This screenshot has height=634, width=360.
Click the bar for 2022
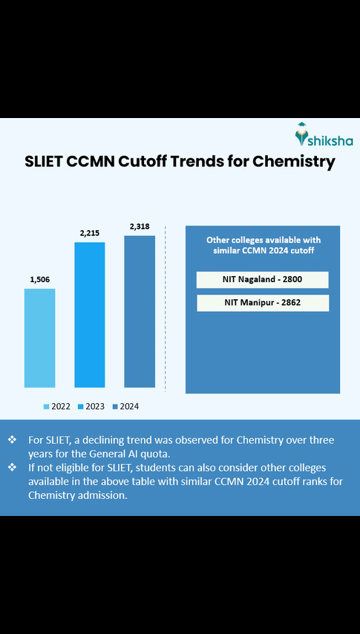[x=39, y=338]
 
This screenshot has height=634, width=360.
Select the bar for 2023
[x=89, y=315]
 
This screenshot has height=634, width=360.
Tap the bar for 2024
[x=139, y=311]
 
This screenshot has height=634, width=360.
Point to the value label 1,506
[x=39, y=279]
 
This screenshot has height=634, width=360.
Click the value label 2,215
[x=89, y=233]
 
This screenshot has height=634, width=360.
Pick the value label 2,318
[x=139, y=226]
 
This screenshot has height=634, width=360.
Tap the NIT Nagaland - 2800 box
[x=262, y=280]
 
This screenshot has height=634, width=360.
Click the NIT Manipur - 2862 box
[x=262, y=303]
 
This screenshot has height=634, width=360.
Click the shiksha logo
[x=324, y=136]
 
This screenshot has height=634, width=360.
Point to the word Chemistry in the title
[x=293, y=161]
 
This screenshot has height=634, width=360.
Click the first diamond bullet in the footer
[x=12, y=439]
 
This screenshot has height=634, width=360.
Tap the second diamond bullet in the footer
[x=12, y=468]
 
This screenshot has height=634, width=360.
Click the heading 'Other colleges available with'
[x=262, y=241]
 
